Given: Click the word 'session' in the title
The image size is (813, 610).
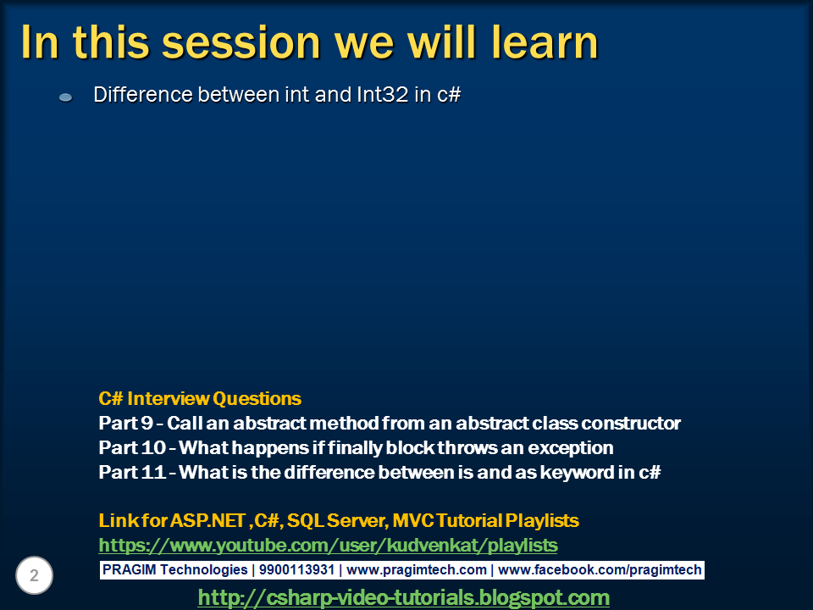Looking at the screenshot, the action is click(241, 42).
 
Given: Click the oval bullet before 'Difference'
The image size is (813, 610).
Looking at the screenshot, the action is click(66, 97).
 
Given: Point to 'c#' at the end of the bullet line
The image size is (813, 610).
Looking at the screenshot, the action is click(449, 95).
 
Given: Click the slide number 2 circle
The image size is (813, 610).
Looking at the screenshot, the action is click(34, 575).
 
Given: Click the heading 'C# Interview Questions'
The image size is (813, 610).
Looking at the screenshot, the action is click(200, 398).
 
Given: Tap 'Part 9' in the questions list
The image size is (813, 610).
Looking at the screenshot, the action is click(125, 423).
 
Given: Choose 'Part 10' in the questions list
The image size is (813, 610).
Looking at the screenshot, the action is click(132, 447).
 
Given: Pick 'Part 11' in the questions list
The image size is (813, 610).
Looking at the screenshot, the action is click(132, 472).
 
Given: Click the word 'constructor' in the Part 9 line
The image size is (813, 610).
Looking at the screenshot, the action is click(631, 424).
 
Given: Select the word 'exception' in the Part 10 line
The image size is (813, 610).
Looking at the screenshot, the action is click(571, 448).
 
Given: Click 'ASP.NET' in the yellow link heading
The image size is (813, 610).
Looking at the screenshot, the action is click(207, 520).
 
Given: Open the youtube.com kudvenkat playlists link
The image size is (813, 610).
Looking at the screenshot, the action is click(329, 545).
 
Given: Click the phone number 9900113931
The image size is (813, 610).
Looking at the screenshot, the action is click(296, 569).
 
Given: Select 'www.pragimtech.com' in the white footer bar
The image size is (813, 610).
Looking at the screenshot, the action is click(417, 570).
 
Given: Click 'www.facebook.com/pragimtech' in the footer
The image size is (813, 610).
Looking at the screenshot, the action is click(600, 570).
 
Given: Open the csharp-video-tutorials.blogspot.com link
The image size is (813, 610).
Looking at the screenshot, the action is click(403, 597).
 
